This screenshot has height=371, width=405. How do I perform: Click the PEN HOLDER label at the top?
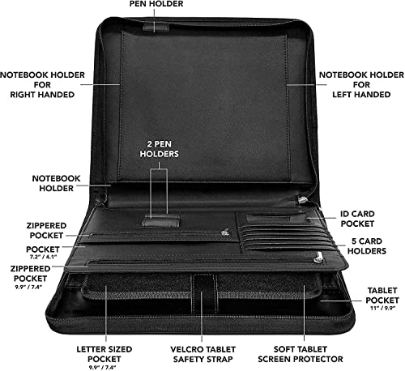[156, 4]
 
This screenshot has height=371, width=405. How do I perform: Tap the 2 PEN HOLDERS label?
[159, 149]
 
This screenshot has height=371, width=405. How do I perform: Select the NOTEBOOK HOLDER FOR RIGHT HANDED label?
[42, 84]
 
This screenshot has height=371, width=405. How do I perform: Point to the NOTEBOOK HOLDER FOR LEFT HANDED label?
[361, 84]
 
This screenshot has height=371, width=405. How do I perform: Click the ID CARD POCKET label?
[357, 219]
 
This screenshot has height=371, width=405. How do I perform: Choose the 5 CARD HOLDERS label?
[367, 246]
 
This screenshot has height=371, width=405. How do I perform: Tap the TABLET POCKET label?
[382, 296]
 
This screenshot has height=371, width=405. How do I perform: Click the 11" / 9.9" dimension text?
[383, 308]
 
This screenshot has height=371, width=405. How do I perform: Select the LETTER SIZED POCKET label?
[104, 354]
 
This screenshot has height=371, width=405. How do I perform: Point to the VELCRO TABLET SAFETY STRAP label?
[202, 354]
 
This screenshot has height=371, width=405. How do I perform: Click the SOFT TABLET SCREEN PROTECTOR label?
[301, 354]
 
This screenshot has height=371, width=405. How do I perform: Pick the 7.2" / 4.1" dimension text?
[43, 257]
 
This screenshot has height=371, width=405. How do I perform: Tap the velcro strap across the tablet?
[204, 293]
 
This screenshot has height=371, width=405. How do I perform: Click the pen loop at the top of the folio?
[156, 28]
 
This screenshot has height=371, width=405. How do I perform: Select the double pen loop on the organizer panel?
[161, 221]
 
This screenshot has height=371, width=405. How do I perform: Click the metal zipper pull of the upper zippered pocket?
[224, 232]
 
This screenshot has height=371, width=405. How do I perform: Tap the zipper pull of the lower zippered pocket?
[318, 257]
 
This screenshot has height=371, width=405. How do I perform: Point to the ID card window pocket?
[276, 219]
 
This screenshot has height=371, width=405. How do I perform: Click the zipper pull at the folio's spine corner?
[302, 201]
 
